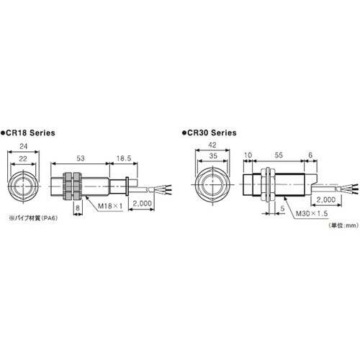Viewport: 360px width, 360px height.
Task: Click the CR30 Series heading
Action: point(210,133)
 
